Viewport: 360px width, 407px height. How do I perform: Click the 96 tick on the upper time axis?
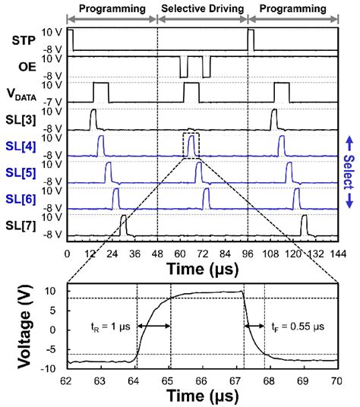[x=247, y=253]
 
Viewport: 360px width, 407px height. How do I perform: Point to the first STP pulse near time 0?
[x=70, y=39]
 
